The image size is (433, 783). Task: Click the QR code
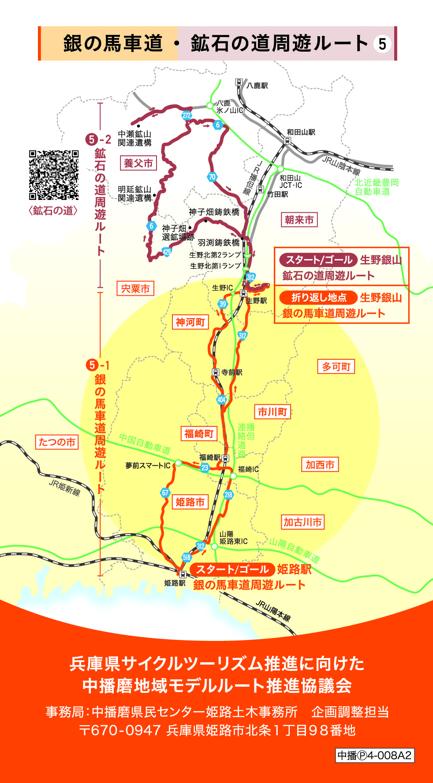pyautogui.click(x=54, y=175)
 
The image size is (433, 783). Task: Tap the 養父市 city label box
pyautogui.click(x=138, y=163)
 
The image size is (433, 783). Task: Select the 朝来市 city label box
pyautogui.click(x=299, y=220)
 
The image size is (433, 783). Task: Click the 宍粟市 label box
pyautogui.click(x=135, y=289)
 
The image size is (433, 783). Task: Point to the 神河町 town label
pyautogui.click(x=190, y=322)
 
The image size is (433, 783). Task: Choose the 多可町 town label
pyautogui.click(x=336, y=367)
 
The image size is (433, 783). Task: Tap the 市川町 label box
pyautogui.click(x=272, y=412)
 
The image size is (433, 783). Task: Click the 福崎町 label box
pyautogui.click(x=198, y=434)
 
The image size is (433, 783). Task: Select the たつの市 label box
pyautogui.click(x=57, y=442)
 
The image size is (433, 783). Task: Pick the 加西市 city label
pyautogui.click(x=320, y=464)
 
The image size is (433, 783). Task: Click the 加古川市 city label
pyautogui.click(x=302, y=522)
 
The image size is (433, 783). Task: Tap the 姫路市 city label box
pyautogui.click(x=190, y=502)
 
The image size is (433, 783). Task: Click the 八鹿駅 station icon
pyautogui.click(x=239, y=82)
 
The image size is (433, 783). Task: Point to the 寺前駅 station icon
pyautogui.click(x=216, y=372)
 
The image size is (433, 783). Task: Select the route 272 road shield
pyautogui.click(x=187, y=116)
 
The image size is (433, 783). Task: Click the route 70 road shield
pyautogui.click(x=212, y=177)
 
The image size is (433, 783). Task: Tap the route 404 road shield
pyautogui.click(x=221, y=400)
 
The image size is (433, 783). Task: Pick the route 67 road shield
pyautogui.click(x=165, y=493)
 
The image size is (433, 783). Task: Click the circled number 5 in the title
pyautogui.click(x=382, y=44)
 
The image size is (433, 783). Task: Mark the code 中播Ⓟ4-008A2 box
pyautogui.click(x=375, y=755)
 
